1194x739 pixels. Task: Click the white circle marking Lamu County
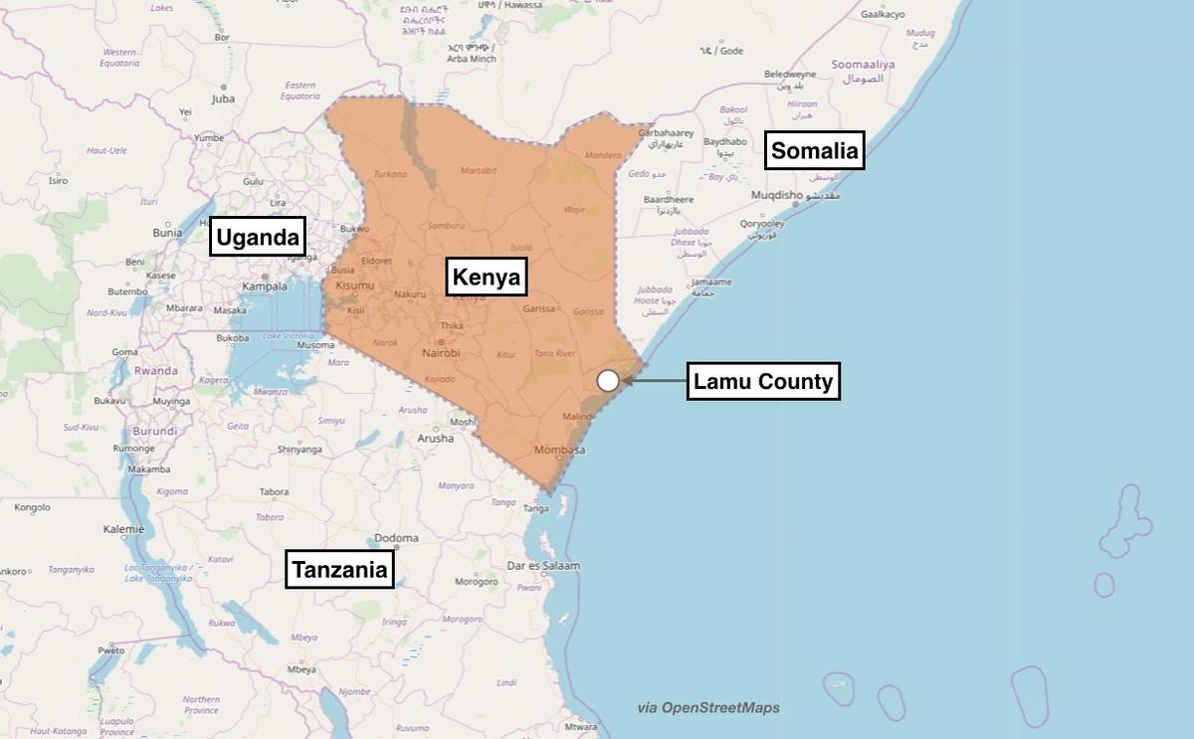click(608, 380)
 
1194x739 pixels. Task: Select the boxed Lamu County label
click(763, 381)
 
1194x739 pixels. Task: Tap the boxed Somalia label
click(814, 151)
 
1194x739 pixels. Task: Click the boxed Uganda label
click(258, 238)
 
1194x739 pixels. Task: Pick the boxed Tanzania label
click(338, 570)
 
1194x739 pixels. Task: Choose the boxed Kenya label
click(486, 277)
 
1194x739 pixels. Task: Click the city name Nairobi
click(441, 353)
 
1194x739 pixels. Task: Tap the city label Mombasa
click(560, 450)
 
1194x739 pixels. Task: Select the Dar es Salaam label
click(543, 566)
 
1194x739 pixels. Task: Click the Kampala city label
click(264, 286)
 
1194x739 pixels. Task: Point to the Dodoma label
click(396, 538)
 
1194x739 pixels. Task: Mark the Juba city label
click(223, 99)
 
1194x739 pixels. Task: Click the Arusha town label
click(435, 438)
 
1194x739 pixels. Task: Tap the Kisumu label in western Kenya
click(355, 285)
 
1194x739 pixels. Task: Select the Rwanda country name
click(155, 370)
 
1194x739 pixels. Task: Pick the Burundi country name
click(155, 432)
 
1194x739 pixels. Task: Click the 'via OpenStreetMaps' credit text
click(708, 708)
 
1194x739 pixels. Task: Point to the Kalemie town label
click(123, 529)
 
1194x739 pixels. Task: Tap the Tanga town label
click(535, 508)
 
